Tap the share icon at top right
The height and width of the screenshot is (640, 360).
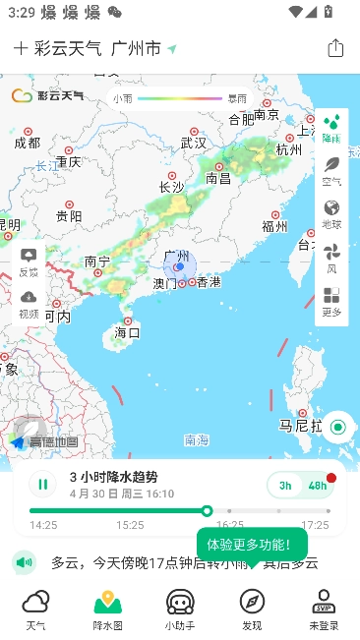pyautogui.click(x=335, y=48)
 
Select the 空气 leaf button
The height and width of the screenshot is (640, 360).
pyautogui.click(x=331, y=170)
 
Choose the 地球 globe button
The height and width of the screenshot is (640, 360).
pyautogui.click(x=331, y=213)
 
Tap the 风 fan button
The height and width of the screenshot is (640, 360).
pyautogui.click(x=331, y=258)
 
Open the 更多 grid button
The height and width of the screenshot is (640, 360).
pyautogui.click(x=331, y=301)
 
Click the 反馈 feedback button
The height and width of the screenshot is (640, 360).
pyautogui.click(x=29, y=262)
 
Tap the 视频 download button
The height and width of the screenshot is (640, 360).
pyautogui.click(x=29, y=304)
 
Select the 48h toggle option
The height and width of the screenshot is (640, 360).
pyautogui.click(x=317, y=485)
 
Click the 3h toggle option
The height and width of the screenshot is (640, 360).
pyautogui.click(x=285, y=485)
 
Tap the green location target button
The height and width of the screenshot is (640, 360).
pyautogui.click(x=338, y=427)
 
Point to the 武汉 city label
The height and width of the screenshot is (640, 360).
pyautogui.click(x=194, y=143)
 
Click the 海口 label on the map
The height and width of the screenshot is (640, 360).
pyautogui.click(x=127, y=332)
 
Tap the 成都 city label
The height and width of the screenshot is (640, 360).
pyautogui.click(x=28, y=143)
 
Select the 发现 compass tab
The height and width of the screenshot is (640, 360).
pyautogui.click(x=252, y=608)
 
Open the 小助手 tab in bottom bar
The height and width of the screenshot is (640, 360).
pyautogui.click(x=179, y=608)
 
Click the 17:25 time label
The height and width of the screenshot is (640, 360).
pyautogui.click(x=315, y=525)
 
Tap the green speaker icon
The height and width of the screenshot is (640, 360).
pyautogui.click(x=25, y=562)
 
